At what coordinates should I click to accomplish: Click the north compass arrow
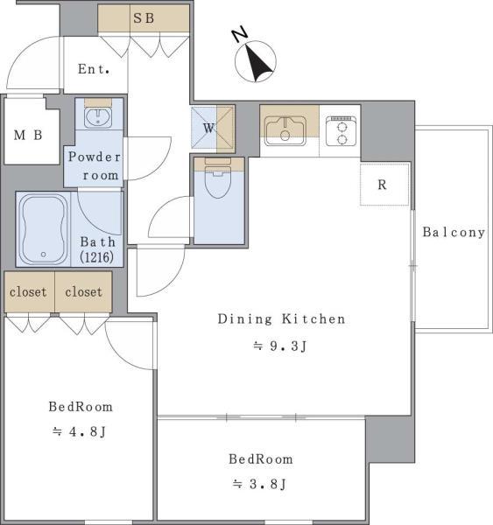click(x=258, y=64)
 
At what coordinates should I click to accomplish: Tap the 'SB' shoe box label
click(x=144, y=18)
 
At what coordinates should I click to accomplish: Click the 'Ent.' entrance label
click(x=94, y=69)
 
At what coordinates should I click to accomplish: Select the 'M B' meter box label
click(x=28, y=136)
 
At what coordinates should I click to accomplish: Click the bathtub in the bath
click(x=43, y=229)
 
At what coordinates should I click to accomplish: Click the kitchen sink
click(x=285, y=131)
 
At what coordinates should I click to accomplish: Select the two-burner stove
click(x=342, y=131)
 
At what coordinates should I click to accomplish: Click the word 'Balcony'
click(x=454, y=232)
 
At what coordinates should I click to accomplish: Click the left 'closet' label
click(x=28, y=292)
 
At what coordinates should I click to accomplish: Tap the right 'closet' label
click(x=83, y=292)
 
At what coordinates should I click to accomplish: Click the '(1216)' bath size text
click(x=97, y=257)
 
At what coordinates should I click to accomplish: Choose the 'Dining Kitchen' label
click(x=281, y=318)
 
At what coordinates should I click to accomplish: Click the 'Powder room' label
click(x=95, y=166)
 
